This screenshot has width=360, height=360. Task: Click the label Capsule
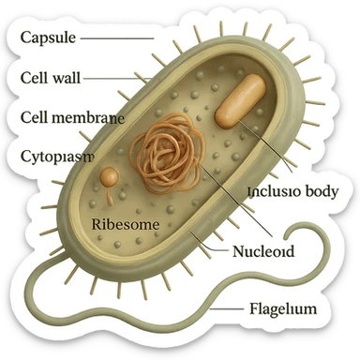[x=48, y=37]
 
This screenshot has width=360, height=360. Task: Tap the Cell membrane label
[x=71, y=117]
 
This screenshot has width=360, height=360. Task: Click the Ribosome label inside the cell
[x=124, y=225]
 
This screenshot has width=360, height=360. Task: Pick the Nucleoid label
[x=263, y=251]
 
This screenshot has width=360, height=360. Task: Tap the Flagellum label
[x=282, y=308]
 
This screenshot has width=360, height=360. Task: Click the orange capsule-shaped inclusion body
[x=240, y=100]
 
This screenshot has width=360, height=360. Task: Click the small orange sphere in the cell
[x=111, y=176]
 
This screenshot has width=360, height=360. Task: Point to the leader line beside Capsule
[x=117, y=37]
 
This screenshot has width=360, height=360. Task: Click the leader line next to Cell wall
[x=114, y=77]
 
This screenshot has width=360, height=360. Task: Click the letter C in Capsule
[x=25, y=37]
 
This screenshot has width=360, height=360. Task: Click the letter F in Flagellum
[x=253, y=307]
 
